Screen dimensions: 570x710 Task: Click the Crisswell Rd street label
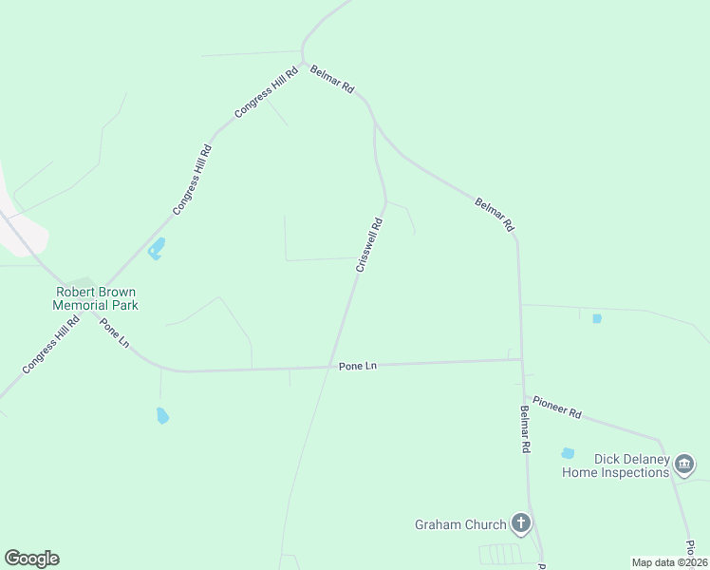(369, 245)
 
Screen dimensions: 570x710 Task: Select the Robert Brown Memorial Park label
(97, 298)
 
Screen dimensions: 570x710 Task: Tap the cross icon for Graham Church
(520, 522)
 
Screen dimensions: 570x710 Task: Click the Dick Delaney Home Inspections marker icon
(684, 465)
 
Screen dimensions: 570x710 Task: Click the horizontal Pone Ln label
(358, 366)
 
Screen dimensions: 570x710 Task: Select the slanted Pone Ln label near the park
(114, 332)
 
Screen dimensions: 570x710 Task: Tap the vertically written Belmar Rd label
(525, 428)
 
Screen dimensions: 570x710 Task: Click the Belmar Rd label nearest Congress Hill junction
(332, 79)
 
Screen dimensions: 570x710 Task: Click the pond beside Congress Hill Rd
(156, 249)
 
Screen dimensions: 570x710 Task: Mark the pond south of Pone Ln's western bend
(162, 415)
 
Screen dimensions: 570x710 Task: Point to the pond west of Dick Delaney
(568, 453)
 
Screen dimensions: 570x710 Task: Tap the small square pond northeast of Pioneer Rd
(597, 318)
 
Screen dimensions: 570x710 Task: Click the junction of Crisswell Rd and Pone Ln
(335, 367)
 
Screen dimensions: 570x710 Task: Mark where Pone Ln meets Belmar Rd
(521, 359)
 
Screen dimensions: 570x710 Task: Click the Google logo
(31, 559)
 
